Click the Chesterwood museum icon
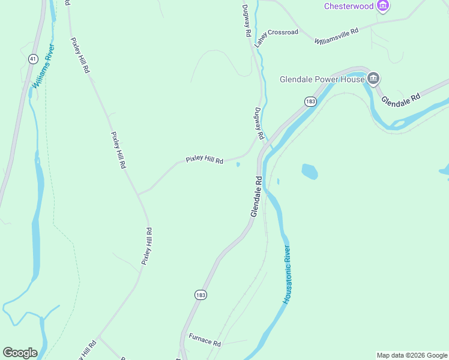point(383,6)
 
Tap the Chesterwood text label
point(349,7)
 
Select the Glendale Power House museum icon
point(373,79)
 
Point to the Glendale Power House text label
point(322,79)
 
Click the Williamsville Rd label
point(336,36)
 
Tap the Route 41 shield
point(33,59)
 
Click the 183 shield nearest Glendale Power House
point(310,101)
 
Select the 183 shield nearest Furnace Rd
point(200,295)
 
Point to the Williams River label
point(43,66)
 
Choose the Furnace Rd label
point(205,340)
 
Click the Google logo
point(20,352)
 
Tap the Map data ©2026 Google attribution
point(412,355)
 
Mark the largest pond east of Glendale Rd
point(309,171)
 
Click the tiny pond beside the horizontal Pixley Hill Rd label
point(238,164)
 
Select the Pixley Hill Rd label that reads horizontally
point(204,160)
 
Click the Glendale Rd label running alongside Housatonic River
point(256,196)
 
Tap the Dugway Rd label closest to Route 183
point(259,124)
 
